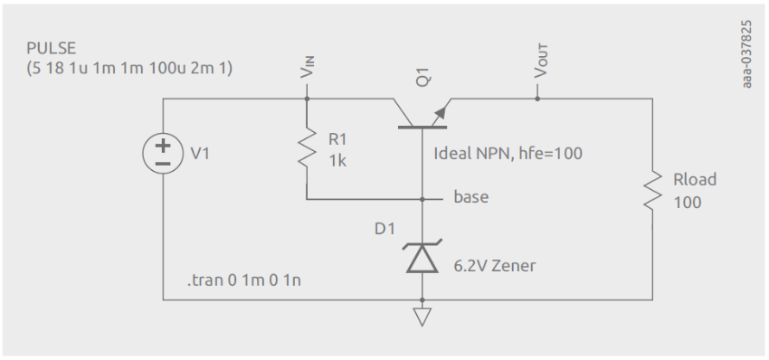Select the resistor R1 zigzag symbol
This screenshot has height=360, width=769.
(308, 148)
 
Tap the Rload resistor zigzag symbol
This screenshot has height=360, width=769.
(651, 191)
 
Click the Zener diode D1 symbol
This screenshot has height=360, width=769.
(422, 258)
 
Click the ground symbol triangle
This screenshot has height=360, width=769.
(422, 317)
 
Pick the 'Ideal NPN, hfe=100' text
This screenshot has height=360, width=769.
(508, 154)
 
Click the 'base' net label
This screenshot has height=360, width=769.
(470, 196)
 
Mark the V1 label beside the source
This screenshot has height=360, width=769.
(199, 153)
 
